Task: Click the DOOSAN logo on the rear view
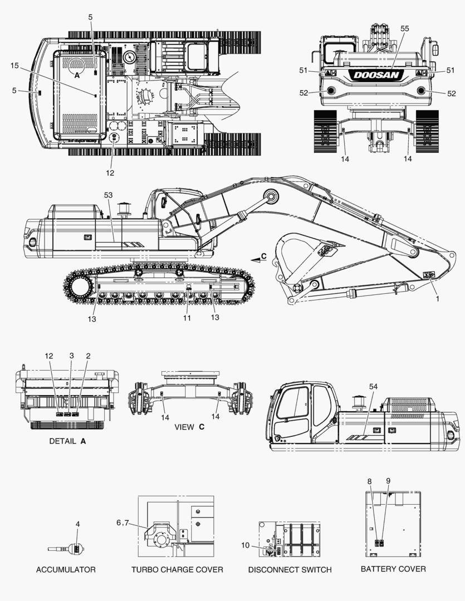(x=376, y=75)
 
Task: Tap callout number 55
(x=405, y=29)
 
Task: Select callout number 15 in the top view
(x=14, y=66)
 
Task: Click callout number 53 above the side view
(x=108, y=195)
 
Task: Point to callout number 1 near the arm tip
(x=437, y=299)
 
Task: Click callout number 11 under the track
(x=187, y=318)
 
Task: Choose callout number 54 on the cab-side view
(x=373, y=387)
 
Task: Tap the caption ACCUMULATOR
(x=66, y=570)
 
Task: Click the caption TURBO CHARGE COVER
(x=177, y=570)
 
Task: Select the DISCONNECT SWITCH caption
(x=290, y=570)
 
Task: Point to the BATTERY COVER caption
(x=393, y=569)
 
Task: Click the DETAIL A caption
(x=67, y=441)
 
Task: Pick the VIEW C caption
(x=189, y=427)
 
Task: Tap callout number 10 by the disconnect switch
(x=245, y=545)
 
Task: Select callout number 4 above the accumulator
(x=78, y=524)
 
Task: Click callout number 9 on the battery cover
(x=388, y=481)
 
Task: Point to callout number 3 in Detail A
(x=71, y=356)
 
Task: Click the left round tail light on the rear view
(x=330, y=91)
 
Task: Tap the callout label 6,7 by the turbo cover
(x=123, y=523)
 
